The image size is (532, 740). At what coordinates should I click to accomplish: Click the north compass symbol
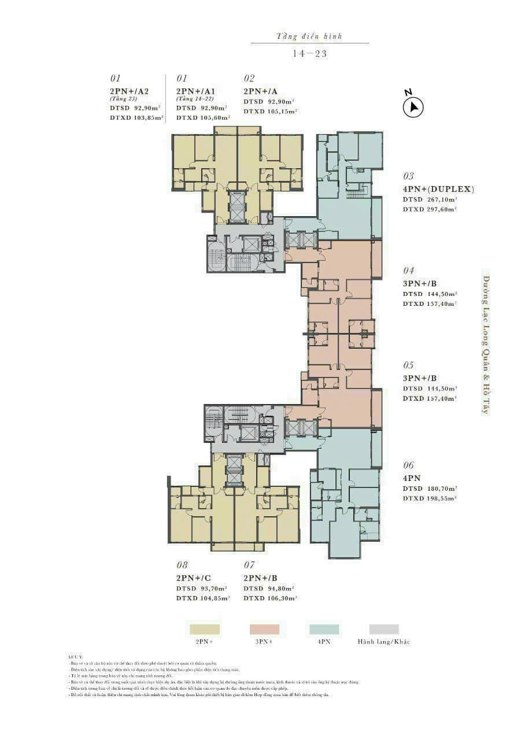(x=413, y=106)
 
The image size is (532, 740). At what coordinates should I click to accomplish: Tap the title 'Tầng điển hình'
(x=309, y=36)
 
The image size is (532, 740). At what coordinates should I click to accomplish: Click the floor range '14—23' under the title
(x=310, y=53)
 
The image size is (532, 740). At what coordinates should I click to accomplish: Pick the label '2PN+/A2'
(x=130, y=91)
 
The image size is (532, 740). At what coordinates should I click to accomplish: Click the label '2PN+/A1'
(x=196, y=91)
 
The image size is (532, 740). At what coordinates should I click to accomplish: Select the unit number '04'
(x=409, y=271)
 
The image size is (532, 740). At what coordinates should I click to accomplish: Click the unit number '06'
(x=409, y=465)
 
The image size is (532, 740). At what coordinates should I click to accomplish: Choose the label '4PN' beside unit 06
(x=412, y=478)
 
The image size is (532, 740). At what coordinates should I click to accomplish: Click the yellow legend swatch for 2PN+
(x=205, y=629)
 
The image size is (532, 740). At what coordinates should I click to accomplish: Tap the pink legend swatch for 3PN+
(x=264, y=629)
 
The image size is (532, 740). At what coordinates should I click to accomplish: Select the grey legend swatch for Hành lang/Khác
(x=384, y=629)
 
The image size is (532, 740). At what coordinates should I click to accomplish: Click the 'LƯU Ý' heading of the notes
(x=76, y=657)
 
